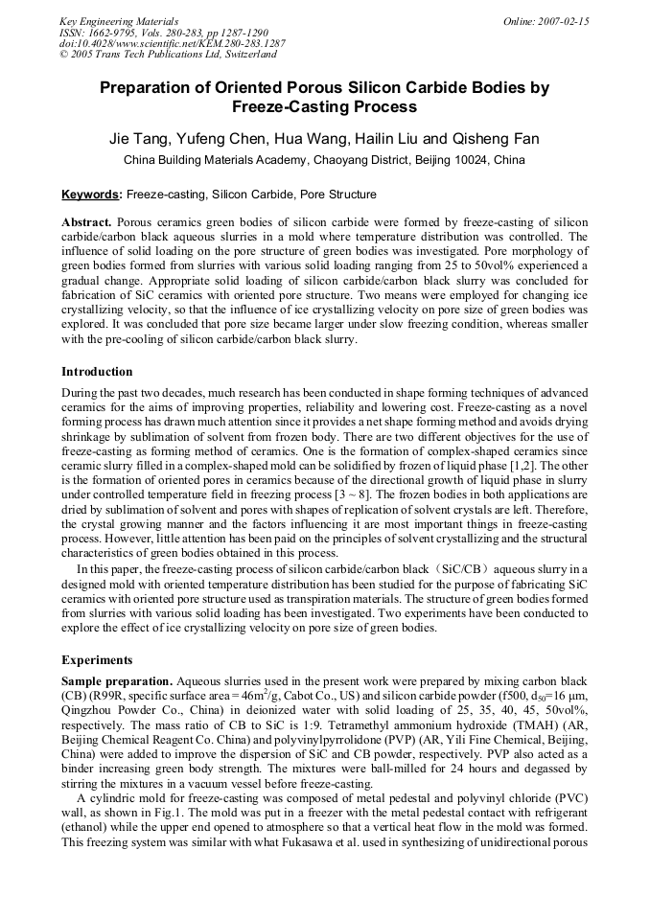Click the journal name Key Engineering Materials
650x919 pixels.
point(119,21)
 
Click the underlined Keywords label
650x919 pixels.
point(92,195)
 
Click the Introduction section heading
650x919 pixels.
point(97,372)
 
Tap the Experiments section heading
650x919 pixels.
point(96,660)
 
